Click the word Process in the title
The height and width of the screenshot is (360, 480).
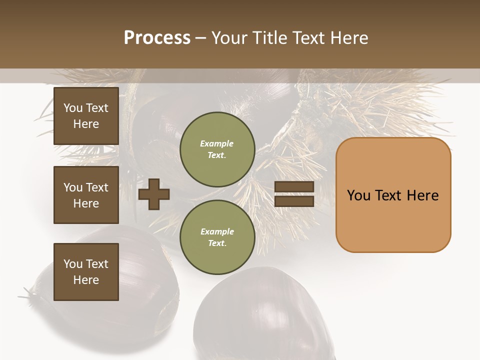pyautogui.click(x=157, y=38)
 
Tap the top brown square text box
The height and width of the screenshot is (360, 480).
pyautogui.click(x=86, y=116)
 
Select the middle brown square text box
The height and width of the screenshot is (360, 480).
pyautogui.click(x=86, y=195)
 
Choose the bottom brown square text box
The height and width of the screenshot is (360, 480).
pyautogui.click(x=86, y=272)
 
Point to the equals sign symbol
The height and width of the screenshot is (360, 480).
pyautogui.click(x=294, y=194)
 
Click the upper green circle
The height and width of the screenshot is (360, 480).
pyautogui.click(x=217, y=149)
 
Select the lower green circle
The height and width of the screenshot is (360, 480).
pyautogui.click(x=217, y=237)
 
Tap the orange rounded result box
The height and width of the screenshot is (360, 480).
pyautogui.click(x=393, y=195)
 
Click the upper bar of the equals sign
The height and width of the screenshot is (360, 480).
pyautogui.click(x=294, y=187)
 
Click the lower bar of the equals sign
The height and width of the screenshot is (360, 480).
pyautogui.click(x=294, y=201)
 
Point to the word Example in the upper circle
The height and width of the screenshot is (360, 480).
pyautogui.click(x=217, y=143)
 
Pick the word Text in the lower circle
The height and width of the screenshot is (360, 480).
pyautogui.click(x=216, y=243)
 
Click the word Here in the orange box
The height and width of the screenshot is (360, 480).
pyautogui.click(x=422, y=195)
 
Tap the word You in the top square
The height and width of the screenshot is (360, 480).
pyautogui.click(x=72, y=108)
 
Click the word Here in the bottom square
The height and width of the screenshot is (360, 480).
pyautogui.click(x=86, y=280)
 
